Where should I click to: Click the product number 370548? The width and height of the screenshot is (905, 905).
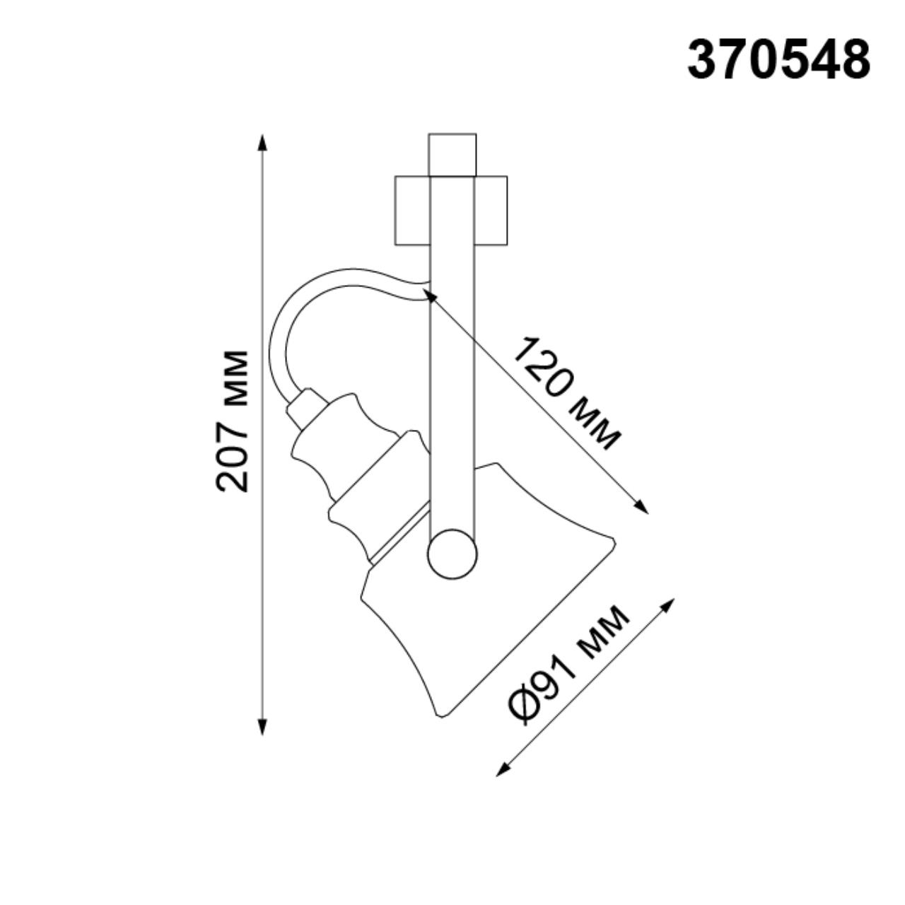tap(778, 60)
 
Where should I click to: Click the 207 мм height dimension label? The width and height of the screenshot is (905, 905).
tap(233, 421)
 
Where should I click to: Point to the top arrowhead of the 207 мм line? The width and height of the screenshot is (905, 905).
tap(263, 141)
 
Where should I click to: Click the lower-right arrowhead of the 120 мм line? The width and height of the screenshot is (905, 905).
tap(641, 507)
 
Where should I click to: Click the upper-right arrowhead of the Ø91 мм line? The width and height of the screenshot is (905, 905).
tap(668, 605)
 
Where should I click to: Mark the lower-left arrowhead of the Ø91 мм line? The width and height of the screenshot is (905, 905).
tap(502, 770)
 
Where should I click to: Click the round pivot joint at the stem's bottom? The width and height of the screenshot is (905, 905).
tap(452, 554)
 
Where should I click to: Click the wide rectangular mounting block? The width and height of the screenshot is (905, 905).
tap(450, 211)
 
